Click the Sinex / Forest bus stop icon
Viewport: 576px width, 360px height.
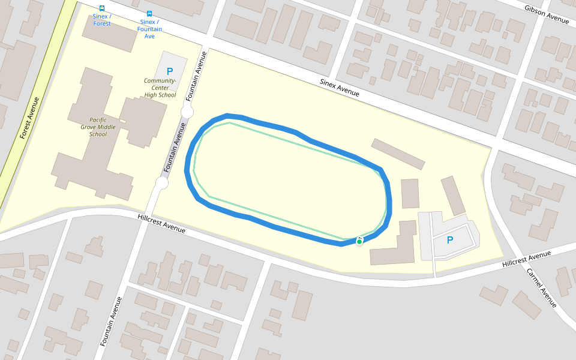pyautogui.click(x=101, y=8)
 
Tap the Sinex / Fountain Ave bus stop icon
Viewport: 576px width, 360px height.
pyautogui.click(x=149, y=13)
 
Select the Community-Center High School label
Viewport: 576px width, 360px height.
pyautogui.click(x=160, y=88)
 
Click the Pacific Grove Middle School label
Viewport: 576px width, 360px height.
pyautogui.click(x=98, y=127)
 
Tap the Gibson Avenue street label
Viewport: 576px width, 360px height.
pyautogui.click(x=546, y=15)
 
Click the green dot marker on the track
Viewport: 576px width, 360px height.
pyautogui.click(x=359, y=242)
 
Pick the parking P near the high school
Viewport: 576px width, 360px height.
pyautogui.click(x=170, y=71)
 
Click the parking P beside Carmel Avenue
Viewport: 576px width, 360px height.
pyautogui.click(x=450, y=240)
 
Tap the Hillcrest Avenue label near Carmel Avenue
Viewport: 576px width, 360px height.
pyautogui.click(x=526, y=259)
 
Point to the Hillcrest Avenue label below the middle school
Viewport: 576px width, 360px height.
pyautogui.click(x=161, y=223)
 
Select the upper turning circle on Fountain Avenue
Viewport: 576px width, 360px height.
pyautogui.click(x=187, y=112)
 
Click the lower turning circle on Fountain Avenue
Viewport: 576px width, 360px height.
pyautogui.click(x=162, y=183)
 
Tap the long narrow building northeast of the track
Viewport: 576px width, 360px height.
pyautogui.click(x=398, y=154)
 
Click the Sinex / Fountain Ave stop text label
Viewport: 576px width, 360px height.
pyautogui.click(x=149, y=29)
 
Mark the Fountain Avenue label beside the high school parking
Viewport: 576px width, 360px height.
pyautogui.click(x=197, y=76)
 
